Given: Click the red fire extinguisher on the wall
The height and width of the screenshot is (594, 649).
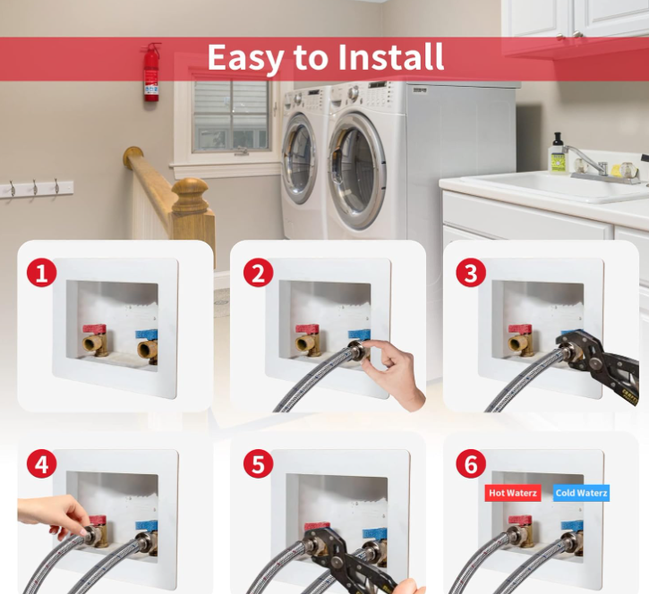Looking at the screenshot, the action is [x=151, y=72].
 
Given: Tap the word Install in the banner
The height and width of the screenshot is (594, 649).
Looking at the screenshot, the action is [x=390, y=57].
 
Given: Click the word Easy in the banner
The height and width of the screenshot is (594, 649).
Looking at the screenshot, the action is [x=245, y=59].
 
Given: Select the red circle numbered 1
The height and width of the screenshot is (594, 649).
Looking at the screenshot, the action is [x=41, y=273].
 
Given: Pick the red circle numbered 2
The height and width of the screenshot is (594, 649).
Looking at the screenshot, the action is [x=259, y=273].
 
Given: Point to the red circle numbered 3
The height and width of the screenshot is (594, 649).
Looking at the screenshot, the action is [x=471, y=273].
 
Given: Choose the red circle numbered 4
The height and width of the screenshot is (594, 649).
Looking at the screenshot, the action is [x=41, y=463].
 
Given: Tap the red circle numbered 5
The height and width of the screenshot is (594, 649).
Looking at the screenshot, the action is [x=259, y=463].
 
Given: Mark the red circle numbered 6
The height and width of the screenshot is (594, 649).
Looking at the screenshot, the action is [x=471, y=463].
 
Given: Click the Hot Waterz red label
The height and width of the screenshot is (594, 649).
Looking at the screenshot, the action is [x=513, y=493].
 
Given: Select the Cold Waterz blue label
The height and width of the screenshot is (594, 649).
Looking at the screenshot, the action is [x=581, y=493].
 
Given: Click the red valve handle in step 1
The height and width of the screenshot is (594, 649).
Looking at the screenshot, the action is [x=94, y=330].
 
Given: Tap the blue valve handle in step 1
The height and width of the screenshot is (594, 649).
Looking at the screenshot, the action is [x=147, y=335].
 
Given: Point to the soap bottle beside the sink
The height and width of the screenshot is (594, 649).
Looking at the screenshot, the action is [x=558, y=154].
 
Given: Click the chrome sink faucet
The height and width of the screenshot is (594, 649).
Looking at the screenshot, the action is [x=596, y=165].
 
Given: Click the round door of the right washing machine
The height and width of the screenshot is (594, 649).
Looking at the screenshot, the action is [x=356, y=171].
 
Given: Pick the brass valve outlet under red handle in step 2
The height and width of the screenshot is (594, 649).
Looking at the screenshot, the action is [x=305, y=345].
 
